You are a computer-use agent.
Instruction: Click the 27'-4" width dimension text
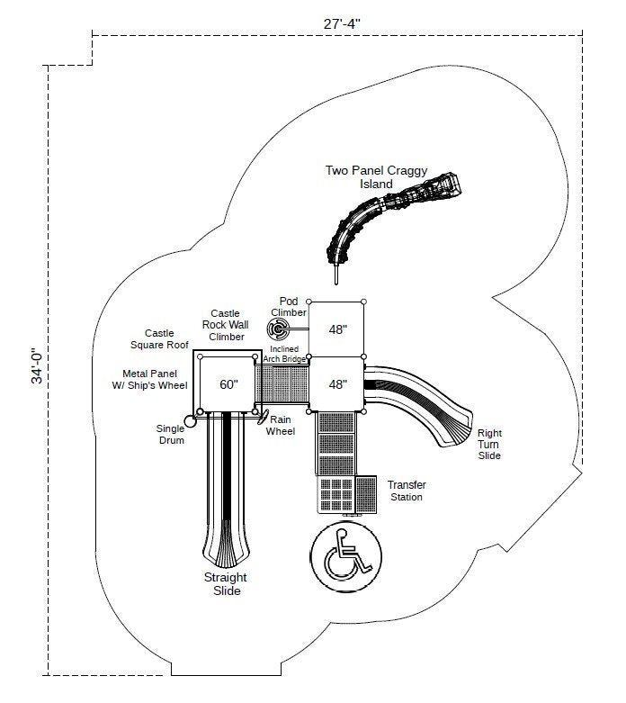pos(342,23)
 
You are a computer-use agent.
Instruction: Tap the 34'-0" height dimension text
pos(38,365)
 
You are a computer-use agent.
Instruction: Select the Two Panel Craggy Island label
pos(376,177)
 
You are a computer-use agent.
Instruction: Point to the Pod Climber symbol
pos(278,329)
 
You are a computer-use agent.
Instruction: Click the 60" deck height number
pos(228,384)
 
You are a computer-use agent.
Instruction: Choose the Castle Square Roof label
pos(159,339)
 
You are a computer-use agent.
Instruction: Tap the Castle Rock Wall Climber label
pos(226,325)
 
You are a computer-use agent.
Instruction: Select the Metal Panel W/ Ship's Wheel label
pos(149,379)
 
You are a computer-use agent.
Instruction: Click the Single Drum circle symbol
pos(191,422)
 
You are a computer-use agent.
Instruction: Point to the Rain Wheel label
pos(281,426)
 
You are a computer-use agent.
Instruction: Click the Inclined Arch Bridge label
pos(284,354)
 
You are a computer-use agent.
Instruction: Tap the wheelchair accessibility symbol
pos(346,556)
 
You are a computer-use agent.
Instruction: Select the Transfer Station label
pos(407,491)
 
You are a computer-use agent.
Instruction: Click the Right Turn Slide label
pos(489,445)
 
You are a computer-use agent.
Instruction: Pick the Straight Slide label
pos(226,584)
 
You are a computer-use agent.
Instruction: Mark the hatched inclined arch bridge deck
pos(282,384)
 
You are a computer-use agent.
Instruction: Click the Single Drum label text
pos(170,435)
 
